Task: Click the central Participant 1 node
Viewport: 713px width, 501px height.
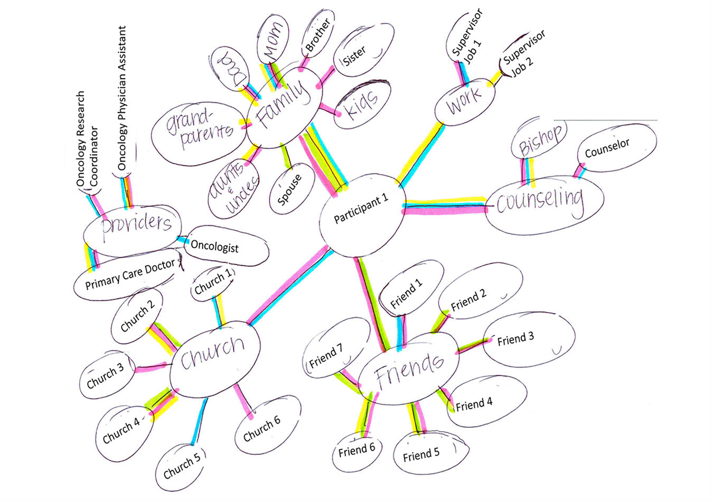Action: (361, 210)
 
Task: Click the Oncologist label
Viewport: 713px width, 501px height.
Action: (214, 246)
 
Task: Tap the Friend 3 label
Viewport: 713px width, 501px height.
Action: (515, 339)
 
